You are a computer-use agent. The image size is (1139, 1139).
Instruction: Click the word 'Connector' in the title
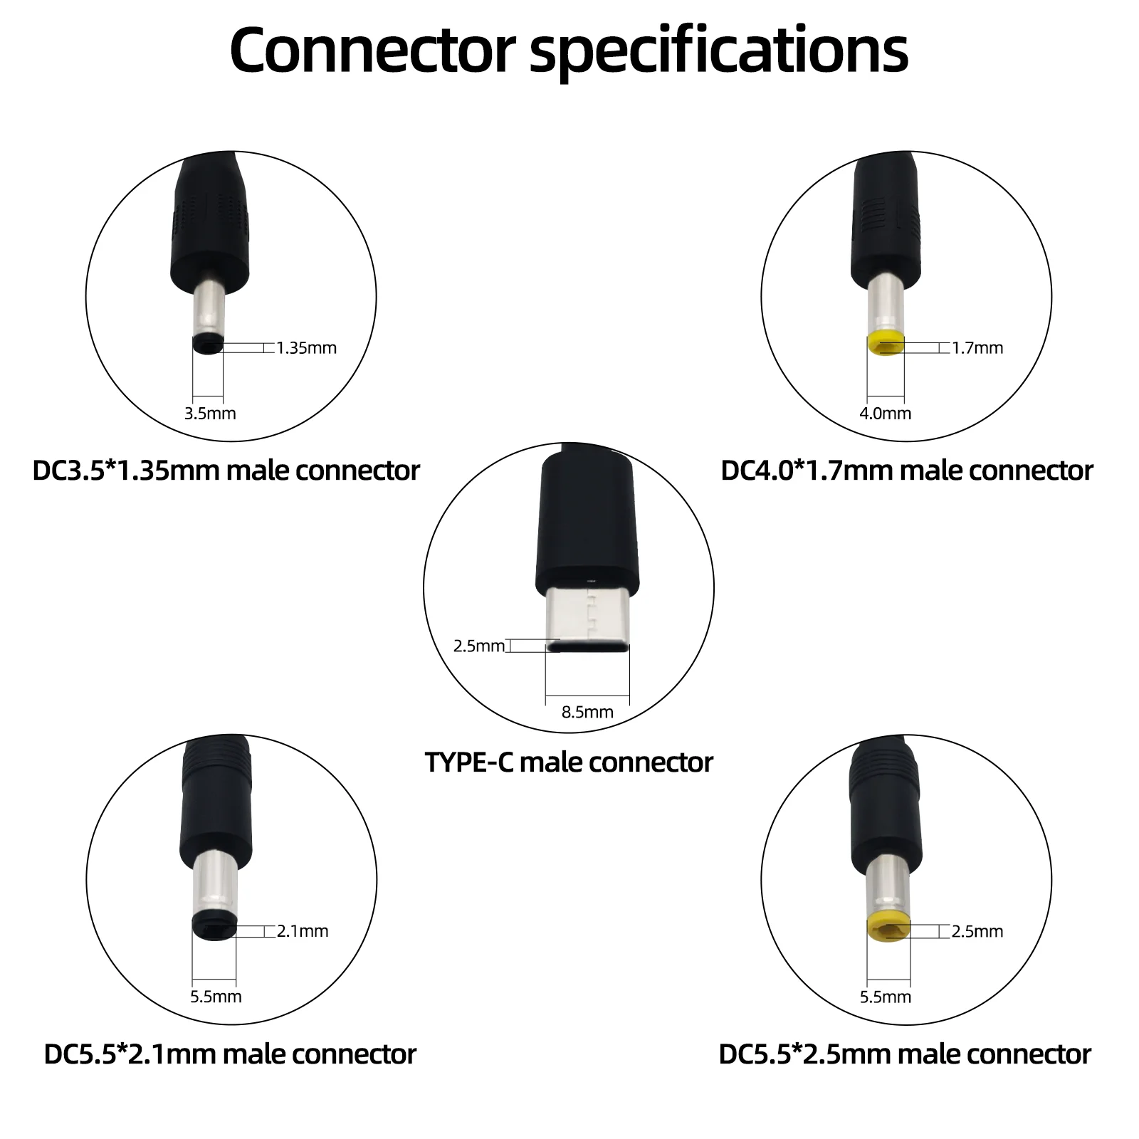pyautogui.click(x=372, y=50)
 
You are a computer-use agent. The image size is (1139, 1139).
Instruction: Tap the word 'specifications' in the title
pyautogui.click(x=719, y=51)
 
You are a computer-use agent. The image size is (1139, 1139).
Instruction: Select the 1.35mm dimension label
pyautogui.click(x=306, y=348)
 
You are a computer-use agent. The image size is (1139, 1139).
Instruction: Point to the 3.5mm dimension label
pyautogui.click(x=210, y=414)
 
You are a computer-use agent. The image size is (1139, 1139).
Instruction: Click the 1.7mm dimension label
pyautogui.click(x=977, y=348)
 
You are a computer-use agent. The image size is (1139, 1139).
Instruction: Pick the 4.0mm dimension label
pyautogui.click(x=885, y=414)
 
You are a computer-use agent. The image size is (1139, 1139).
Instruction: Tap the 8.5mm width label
pyautogui.click(x=587, y=712)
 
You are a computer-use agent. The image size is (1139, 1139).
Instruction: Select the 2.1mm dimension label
pyautogui.click(x=303, y=931)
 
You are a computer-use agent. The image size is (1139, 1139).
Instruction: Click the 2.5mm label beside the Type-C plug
pyautogui.click(x=479, y=646)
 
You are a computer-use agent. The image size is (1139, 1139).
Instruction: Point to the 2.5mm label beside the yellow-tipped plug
pyautogui.click(x=977, y=931)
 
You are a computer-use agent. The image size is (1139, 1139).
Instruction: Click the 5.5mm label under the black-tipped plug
pyautogui.click(x=216, y=997)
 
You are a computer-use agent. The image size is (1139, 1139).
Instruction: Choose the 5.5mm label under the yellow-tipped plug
pyautogui.click(x=885, y=997)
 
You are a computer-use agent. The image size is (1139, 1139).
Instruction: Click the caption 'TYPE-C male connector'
pyautogui.click(x=569, y=762)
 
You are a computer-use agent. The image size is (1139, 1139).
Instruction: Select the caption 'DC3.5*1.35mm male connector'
pyautogui.click(x=226, y=471)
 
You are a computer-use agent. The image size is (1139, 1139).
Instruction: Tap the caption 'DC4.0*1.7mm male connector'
pyautogui.click(x=906, y=471)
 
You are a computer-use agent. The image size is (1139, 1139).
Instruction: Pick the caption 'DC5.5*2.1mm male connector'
pyautogui.click(x=230, y=1054)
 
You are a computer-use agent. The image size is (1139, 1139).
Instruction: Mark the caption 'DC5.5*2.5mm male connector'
pyautogui.click(x=905, y=1054)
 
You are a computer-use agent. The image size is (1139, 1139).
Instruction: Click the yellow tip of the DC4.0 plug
pyautogui.click(x=886, y=344)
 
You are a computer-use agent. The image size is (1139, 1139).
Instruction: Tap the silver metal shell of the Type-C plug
pyautogui.click(x=587, y=612)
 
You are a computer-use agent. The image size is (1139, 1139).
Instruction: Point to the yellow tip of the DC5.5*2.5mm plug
pyautogui.click(x=888, y=928)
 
